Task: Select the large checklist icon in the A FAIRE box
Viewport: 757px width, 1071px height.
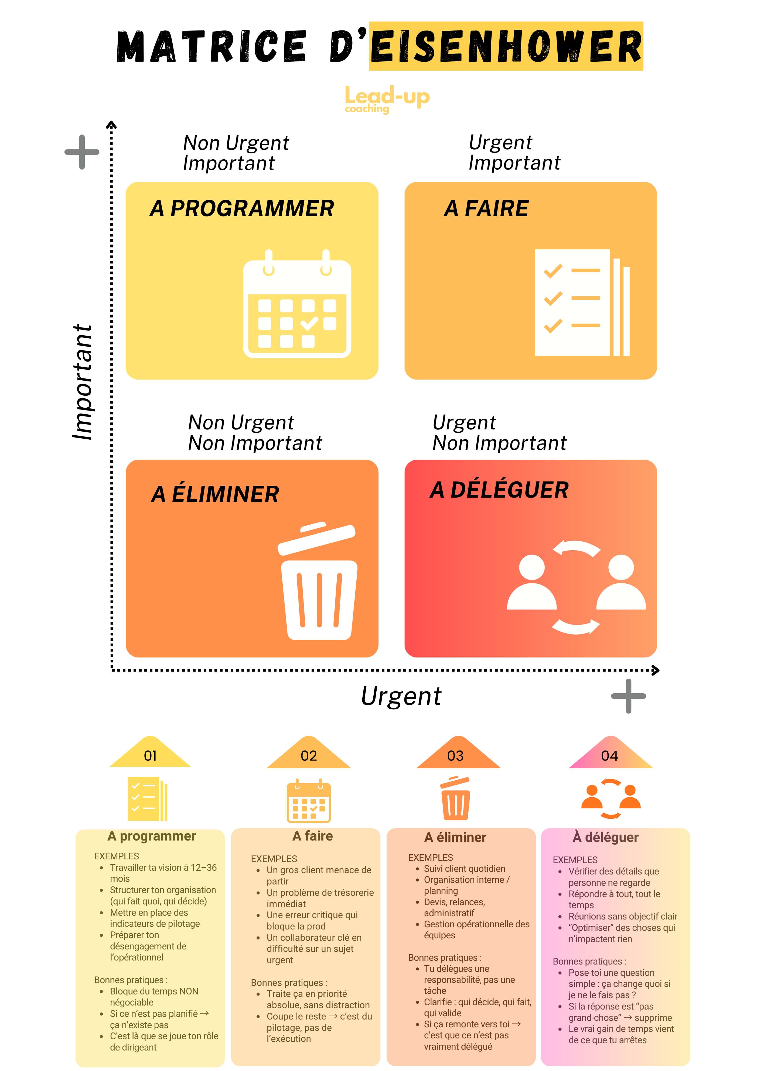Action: [582, 302]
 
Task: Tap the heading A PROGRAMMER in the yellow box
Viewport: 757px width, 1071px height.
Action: [242, 208]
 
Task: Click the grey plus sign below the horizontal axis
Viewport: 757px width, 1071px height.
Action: [628, 696]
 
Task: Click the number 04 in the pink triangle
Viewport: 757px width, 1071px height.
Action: [609, 756]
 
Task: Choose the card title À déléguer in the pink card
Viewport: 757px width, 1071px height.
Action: [605, 837]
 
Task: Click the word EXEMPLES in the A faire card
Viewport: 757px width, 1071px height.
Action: [274, 859]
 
